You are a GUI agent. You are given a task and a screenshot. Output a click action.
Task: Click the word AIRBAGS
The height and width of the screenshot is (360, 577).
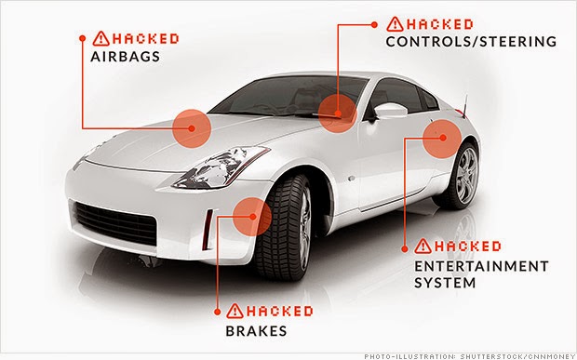click(x=125, y=57)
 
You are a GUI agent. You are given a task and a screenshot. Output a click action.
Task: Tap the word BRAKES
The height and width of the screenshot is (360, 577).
click(x=256, y=331)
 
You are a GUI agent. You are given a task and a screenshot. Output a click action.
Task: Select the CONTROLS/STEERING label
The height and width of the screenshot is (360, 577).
click(x=471, y=42)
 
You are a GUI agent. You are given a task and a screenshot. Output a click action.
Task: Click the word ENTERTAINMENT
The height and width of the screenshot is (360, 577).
click(x=481, y=266)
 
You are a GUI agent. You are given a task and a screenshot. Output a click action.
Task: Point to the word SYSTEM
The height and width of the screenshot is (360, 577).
click(x=445, y=283)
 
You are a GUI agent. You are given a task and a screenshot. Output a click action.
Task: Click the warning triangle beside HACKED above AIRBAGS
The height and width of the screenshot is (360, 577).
click(x=101, y=39)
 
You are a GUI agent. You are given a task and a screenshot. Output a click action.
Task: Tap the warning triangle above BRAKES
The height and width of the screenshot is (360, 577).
click(x=235, y=311)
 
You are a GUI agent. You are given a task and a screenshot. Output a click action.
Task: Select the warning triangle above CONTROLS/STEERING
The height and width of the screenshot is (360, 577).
click(x=395, y=24)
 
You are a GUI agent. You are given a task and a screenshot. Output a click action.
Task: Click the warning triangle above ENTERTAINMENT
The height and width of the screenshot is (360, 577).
click(x=423, y=246)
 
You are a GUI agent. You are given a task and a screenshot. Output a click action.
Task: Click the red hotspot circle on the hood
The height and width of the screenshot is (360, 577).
click(x=192, y=128)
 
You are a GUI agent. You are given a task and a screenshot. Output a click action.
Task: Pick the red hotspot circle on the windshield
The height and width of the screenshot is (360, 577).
click(x=338, y=113)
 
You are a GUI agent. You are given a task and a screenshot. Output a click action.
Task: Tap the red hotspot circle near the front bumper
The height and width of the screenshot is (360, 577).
click(x=252, y=217)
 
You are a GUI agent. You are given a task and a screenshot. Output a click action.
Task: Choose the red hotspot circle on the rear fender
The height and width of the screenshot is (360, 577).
click(x=442, y=139)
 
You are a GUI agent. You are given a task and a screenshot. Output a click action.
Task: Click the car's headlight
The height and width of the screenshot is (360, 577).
click(x=221, y=167)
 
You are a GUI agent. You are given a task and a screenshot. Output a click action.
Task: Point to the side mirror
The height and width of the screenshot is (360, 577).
click(x=390, y=110)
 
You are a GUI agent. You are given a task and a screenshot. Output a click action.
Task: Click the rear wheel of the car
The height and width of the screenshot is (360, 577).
click(x=460, y=176)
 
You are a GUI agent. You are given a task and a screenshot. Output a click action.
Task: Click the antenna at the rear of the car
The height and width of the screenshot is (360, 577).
click(x=465, y=107)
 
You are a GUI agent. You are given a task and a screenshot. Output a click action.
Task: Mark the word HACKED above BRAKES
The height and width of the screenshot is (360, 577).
click(x=280, y=312)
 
